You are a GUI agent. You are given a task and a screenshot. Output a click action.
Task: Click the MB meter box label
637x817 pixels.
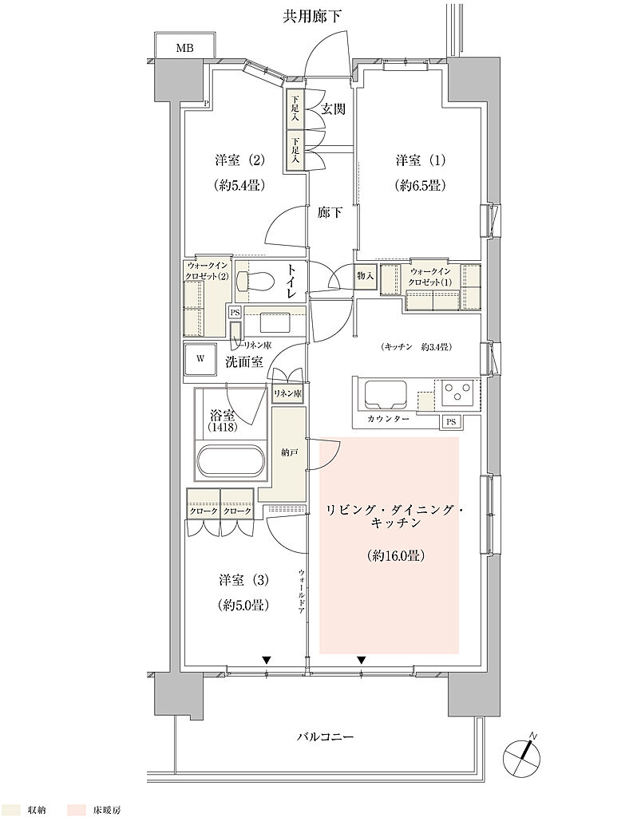coord(184,49)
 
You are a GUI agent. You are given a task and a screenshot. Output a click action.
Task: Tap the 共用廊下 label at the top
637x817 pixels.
coord(312,18)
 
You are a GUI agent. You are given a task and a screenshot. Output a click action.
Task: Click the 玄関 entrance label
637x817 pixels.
coord(333,109)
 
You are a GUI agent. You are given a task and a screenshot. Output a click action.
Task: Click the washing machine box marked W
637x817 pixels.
coord(200,359)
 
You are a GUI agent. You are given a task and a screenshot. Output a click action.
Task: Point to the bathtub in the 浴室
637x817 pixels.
coord(231,460)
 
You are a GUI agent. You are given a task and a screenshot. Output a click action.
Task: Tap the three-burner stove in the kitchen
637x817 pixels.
coord(457,393)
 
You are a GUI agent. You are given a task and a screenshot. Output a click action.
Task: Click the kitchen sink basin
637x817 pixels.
coord(386,394)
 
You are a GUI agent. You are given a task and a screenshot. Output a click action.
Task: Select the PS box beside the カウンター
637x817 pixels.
coord(450,422)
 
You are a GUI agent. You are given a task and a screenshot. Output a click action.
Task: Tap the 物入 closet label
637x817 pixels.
coord(366,275)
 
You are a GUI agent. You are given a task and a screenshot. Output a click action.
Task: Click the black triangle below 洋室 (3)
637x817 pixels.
coord(267,660)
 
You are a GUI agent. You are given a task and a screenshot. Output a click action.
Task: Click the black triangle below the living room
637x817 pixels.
coord(362,660)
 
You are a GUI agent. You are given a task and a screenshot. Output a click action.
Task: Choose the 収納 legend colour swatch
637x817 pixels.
coord(10,810)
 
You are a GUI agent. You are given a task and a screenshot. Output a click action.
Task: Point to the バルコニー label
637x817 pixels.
coord(325,736)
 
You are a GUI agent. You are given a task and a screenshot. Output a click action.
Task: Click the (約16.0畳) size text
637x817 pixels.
coord(396,556)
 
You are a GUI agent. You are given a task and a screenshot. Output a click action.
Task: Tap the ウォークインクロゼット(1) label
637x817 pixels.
coord(430,277)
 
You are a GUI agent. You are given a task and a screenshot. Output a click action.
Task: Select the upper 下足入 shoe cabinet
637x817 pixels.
coord(295,109)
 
